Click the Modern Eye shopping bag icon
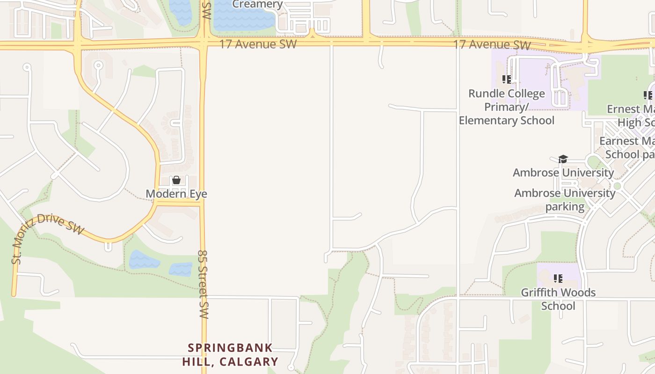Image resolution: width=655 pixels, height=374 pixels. coord(176,180)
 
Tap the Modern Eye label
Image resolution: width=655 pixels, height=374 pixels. coord(176,194)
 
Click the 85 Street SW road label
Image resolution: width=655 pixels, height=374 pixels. coord(203,284)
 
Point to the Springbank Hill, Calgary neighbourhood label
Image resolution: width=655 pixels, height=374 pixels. coord(230,355)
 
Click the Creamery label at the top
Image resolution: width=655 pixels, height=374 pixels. coord(257,5)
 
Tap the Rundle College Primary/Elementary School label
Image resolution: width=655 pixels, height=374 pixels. coord(507,107)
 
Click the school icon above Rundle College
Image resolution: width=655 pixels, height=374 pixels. coord(506,79)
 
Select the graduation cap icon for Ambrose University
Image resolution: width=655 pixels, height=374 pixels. coord(563,159)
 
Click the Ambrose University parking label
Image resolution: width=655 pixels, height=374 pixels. coord(565,200)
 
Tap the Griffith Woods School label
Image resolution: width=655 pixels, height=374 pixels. coord(558,299)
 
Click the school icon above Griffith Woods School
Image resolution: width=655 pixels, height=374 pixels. coord(558,279)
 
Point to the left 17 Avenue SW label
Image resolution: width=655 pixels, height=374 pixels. coord(258,44)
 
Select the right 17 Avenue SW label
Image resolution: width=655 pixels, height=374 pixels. coord(492,45)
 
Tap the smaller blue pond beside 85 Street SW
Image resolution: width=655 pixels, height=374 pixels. coord(181,269)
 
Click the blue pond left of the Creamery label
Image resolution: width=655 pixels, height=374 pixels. coord(181,12)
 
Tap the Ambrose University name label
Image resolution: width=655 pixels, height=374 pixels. coord(563,173)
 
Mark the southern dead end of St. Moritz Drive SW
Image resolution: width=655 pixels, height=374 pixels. coord(14,295)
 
